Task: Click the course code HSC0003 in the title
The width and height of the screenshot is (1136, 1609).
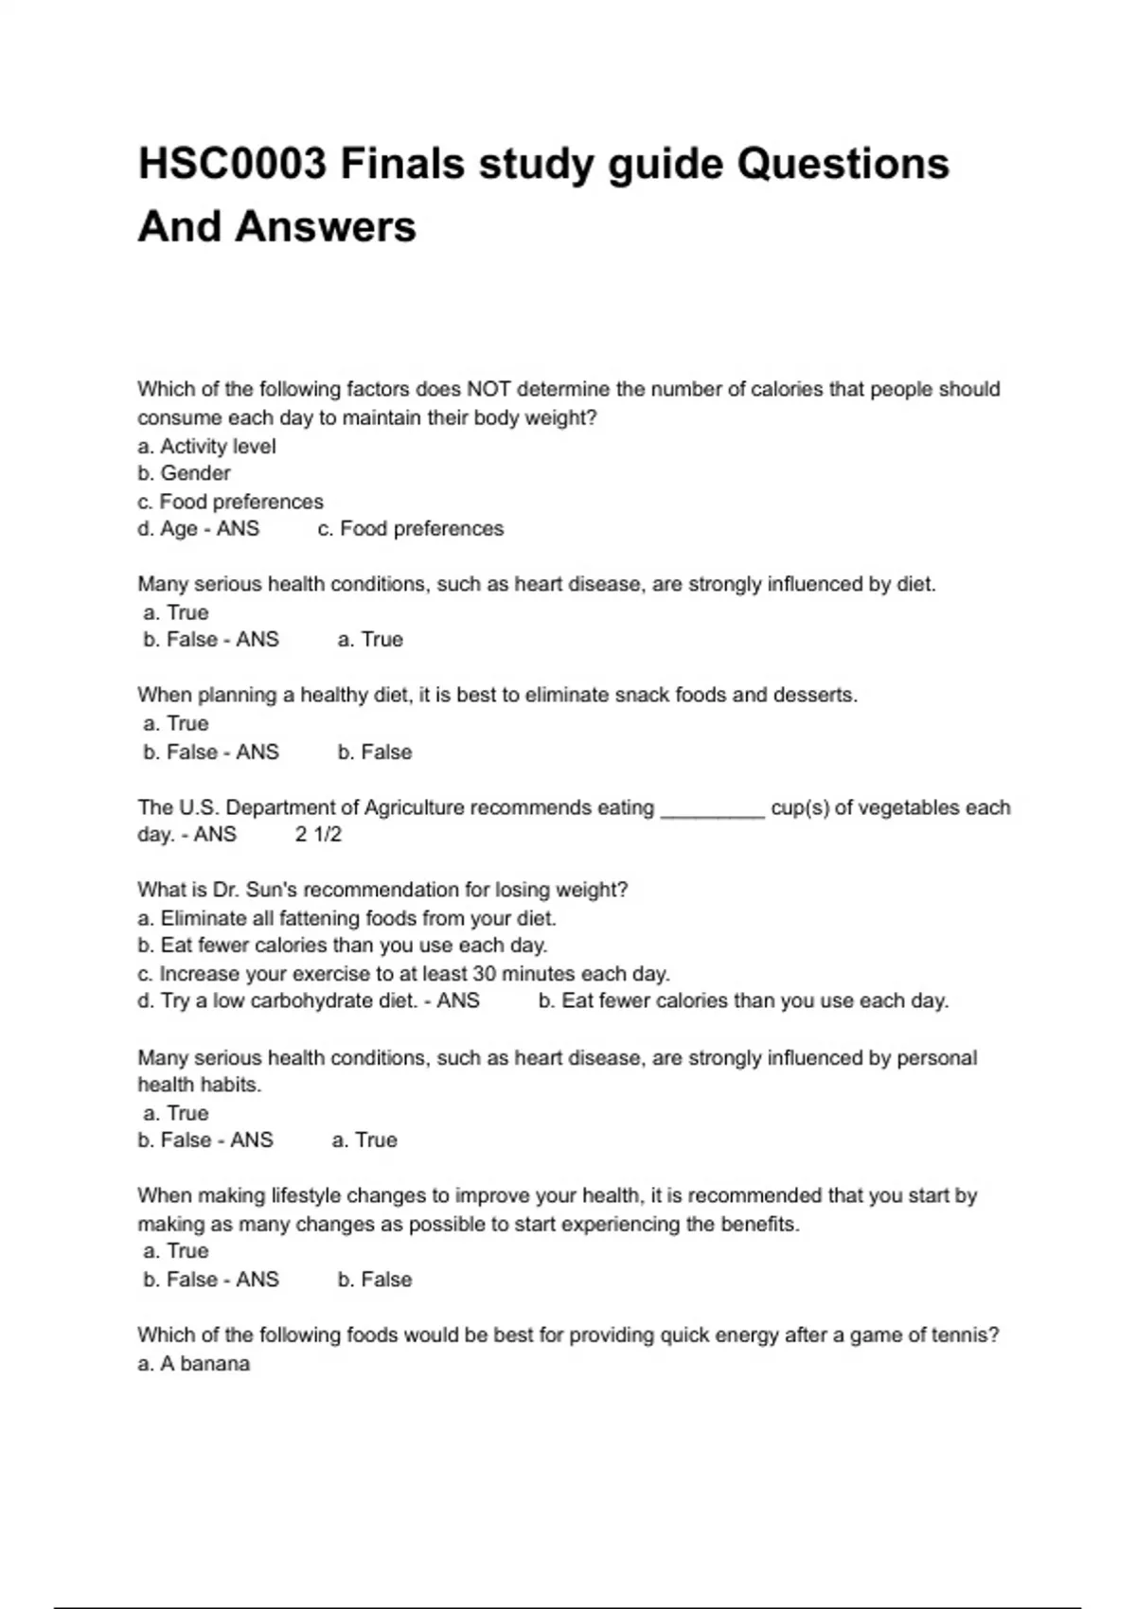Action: click(x=233, y=164)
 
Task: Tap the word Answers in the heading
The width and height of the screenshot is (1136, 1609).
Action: click(x=326, y=227)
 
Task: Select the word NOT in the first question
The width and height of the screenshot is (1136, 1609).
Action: click(x=488, y=389)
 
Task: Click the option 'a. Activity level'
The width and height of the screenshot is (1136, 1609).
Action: click(x=207, y=446)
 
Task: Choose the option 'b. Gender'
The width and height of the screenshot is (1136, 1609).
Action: click(x=185, y=473)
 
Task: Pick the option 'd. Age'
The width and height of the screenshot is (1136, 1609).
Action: click(x=169, y=528)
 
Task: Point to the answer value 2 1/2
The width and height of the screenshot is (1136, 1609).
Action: click(x=318, y=834)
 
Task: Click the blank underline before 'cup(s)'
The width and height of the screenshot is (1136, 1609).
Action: click(x=712, y=809)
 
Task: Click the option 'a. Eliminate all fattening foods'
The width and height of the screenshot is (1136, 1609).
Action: click(x=347, y=918)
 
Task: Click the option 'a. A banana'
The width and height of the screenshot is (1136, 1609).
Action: click(x=194, y=1364)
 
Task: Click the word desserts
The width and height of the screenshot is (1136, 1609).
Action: click(x=814, y=695)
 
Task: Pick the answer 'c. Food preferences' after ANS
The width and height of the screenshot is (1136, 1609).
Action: click(x=411, y=528)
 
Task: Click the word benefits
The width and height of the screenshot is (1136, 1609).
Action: click(x=759, y=1224)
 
